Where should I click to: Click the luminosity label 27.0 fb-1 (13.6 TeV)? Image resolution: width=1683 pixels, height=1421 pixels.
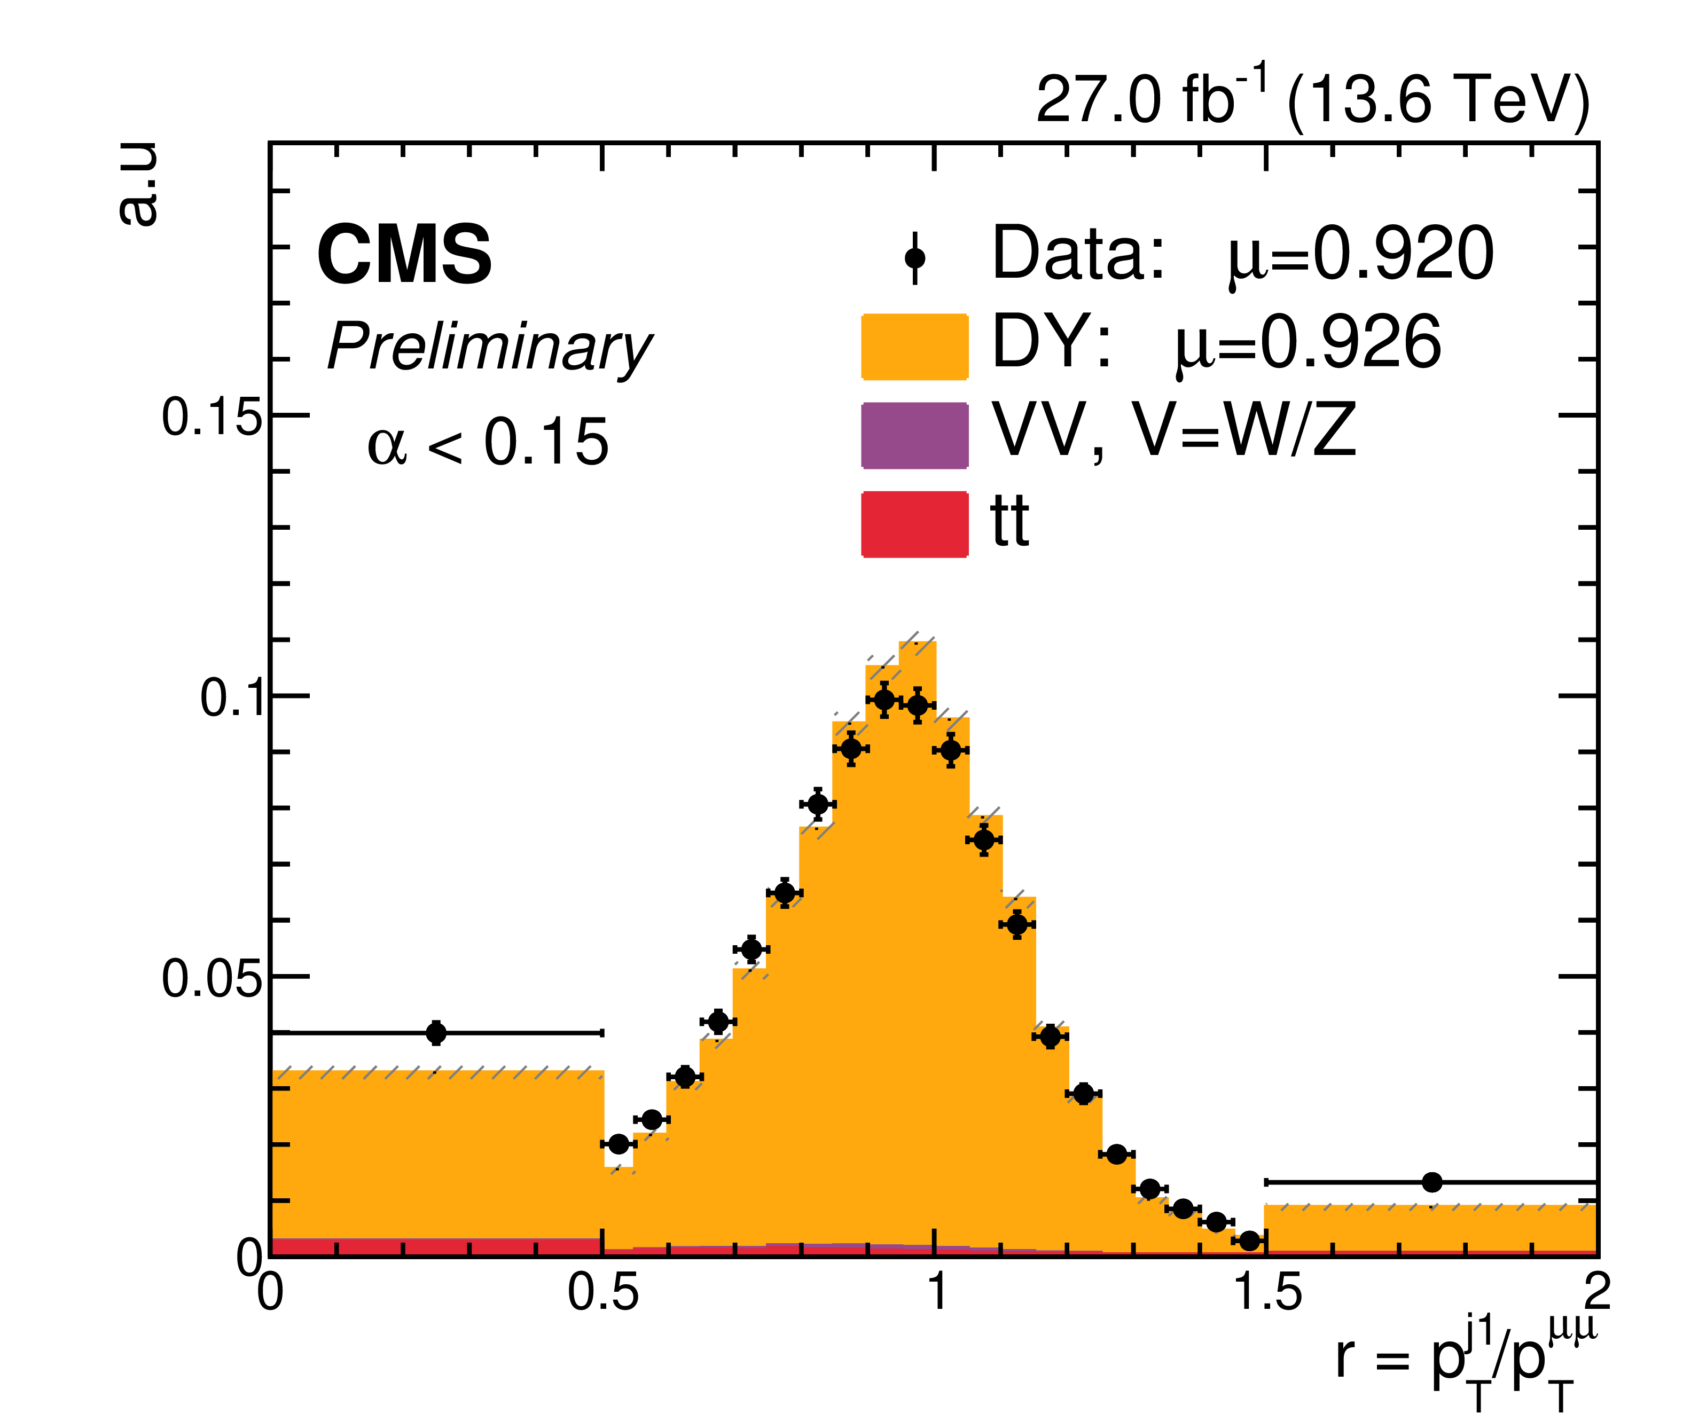[1312, 99]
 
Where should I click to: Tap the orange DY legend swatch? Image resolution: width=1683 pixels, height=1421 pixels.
[914, 347]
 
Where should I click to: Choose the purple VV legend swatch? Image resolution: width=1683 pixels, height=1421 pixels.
[914, 435]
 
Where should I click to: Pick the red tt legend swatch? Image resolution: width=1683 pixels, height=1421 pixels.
[914, 524]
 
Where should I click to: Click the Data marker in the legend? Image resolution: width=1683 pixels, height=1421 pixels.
[914, 258]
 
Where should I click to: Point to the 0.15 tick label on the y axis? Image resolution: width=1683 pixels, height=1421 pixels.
[212, 417]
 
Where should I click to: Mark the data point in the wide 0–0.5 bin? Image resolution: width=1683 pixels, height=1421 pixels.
[436, 1033]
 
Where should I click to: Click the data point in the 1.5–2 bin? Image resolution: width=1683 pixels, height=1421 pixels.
[1431, 1182]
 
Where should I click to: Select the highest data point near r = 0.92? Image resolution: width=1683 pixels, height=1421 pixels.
[884, 700]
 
